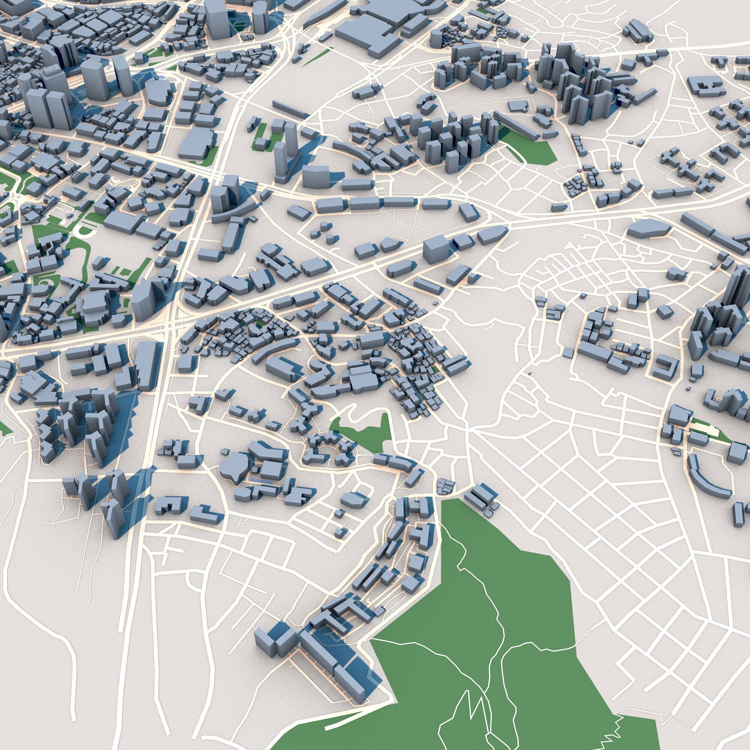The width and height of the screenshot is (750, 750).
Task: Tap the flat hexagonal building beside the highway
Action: [648, 228]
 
